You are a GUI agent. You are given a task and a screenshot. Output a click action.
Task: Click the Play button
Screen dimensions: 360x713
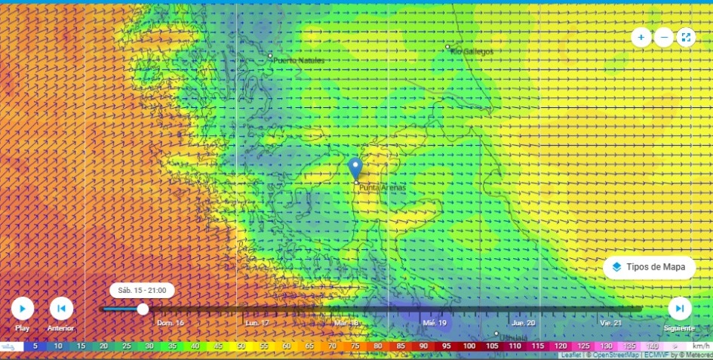[x=23, y=308]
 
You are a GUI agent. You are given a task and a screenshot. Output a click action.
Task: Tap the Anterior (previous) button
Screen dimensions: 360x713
[x=61, y=308]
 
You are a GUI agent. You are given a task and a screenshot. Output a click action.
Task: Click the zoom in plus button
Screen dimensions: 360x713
[x=641, y=37]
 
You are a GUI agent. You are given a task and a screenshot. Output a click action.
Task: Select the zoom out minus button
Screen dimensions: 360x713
[x=663, y=37]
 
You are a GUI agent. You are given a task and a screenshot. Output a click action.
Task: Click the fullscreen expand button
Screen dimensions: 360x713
[x=685, y=37]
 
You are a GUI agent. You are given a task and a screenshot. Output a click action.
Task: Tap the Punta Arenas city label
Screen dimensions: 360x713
[x=382, y=188]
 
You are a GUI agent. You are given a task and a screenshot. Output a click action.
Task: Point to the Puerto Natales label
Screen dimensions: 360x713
[x=299, y=60]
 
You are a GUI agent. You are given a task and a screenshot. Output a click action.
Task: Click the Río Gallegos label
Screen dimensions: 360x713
[x=472, y=51]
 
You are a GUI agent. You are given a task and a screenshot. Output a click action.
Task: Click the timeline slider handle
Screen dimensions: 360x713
[x=142, y=309]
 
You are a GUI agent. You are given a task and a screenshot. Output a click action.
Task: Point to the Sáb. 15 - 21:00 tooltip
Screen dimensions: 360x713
[x=142, y=290]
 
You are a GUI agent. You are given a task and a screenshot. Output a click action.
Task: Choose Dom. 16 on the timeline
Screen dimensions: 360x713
[x=171, y=322]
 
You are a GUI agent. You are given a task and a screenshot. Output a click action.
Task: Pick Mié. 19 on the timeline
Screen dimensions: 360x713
[x=435, y=322]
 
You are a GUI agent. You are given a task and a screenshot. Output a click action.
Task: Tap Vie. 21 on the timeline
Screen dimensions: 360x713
[x=610, y=322]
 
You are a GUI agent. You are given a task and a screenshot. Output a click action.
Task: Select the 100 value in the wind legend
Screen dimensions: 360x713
[x=469, y=346]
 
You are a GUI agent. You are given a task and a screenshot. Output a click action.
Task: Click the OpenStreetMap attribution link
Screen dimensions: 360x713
[x=607, y=355]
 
